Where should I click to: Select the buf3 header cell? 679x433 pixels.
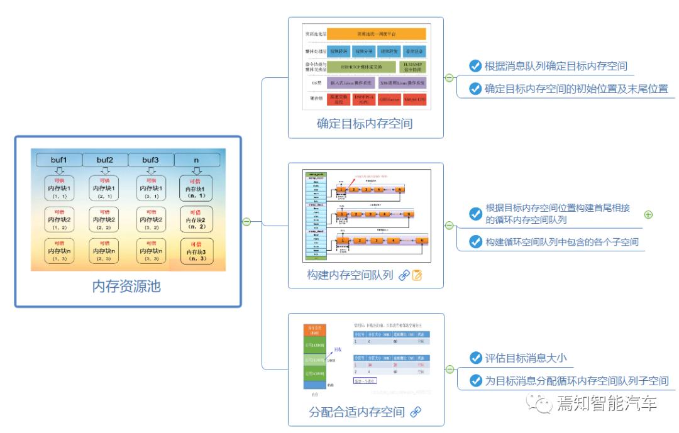click(x=151, y=160)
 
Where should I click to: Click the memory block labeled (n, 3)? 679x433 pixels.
click(x=197, y=250)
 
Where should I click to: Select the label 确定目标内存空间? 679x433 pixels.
click(x=365, y=123)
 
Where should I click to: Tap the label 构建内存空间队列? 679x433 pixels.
click(x=350, y=275)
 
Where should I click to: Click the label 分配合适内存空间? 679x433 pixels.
click(x=356, y=412)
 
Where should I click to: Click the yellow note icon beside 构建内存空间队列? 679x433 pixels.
click(x=417, y=275)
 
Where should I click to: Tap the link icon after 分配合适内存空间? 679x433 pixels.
click(x=416, y=412)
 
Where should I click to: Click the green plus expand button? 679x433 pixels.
click(x=648, y=214)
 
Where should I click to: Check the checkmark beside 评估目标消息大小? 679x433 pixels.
click(x=475, y=358)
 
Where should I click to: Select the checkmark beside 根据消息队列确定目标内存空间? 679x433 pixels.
click(x=475, y=66)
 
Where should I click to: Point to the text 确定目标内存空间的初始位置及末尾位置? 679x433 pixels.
click(x=576, y=89)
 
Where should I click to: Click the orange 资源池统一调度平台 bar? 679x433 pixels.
click(x=377, y=34)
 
